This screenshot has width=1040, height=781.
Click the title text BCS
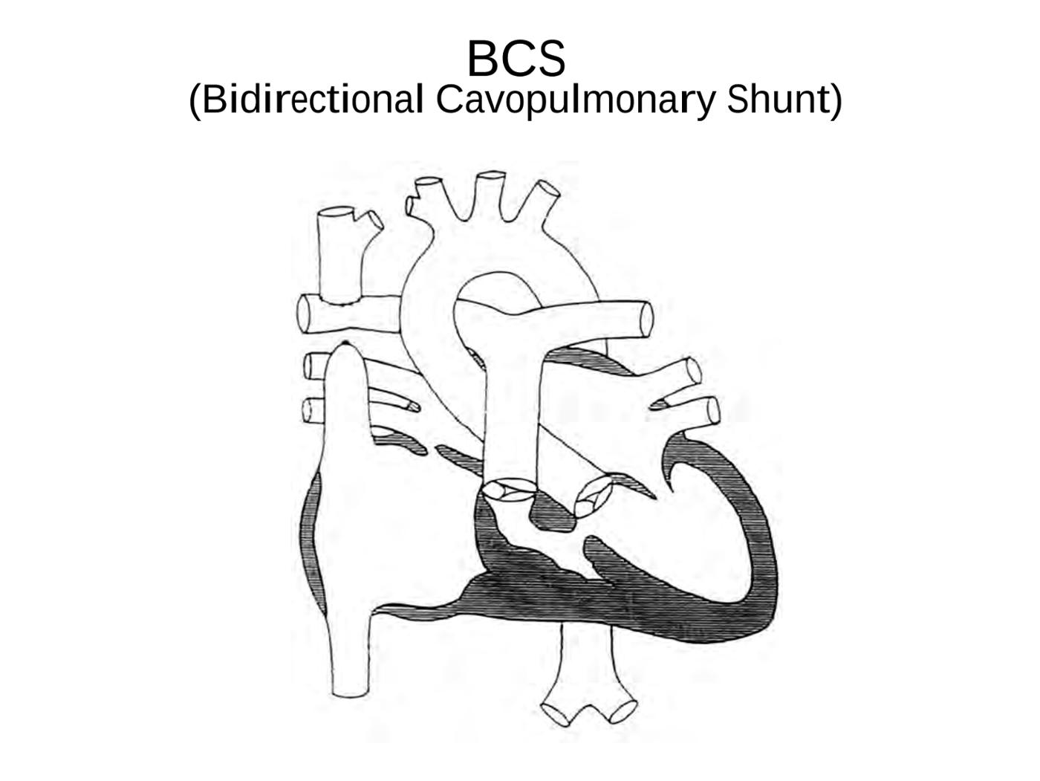coord(516,59)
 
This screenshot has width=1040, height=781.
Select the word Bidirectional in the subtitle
coord(313,100)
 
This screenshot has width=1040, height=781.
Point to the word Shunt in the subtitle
coord(778,100)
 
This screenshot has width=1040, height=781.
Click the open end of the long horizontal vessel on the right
coord(646,320)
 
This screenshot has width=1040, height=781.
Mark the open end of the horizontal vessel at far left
coord(303,314)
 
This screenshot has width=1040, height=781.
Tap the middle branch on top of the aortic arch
coord(491,175)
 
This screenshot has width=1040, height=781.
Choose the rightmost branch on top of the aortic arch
coord(550,189)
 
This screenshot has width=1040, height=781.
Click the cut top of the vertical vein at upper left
coord(336,212)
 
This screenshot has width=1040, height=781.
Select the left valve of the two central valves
coord(507,490)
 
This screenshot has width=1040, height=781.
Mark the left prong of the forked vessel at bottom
coord(556,714)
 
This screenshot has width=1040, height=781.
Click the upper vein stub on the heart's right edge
coord(693,371)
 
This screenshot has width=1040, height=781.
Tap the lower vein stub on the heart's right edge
coord(712,411)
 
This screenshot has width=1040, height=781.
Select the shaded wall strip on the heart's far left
coord(311,545)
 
